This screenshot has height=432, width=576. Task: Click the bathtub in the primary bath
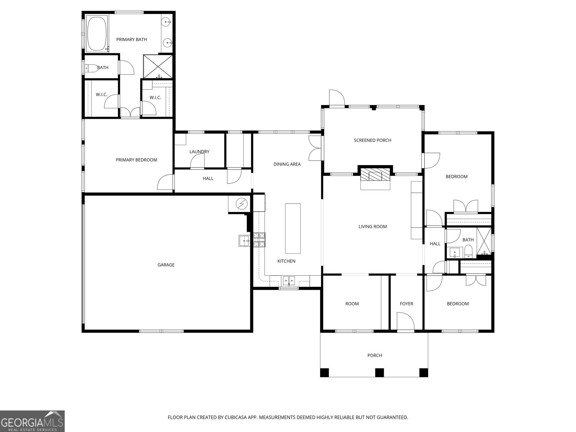[x=96, y=33]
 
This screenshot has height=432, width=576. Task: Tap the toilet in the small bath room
[x=90, y=68]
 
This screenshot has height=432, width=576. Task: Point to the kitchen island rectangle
[x=293, y=228]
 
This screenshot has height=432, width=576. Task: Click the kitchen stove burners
[x=259, y=240]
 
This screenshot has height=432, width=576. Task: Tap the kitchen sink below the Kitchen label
[x=288, y=280]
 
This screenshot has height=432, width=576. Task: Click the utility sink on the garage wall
[x=244, y=240]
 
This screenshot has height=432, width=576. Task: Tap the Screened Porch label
[x=372, y=140]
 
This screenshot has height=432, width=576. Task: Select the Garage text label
[x=166, y=265]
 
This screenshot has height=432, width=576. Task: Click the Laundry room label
[x=199, y=152]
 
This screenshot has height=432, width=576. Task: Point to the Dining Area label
[x=287, y=164]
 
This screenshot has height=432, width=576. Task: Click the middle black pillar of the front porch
[x=379, y=372]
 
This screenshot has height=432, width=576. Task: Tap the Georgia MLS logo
[x=32, y=421]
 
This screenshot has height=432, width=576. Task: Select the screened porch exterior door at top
[x=337, y=98]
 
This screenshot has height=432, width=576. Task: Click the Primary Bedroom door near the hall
[x=166, y=183]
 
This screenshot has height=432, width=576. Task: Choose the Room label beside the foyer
[x=352, y=304]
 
